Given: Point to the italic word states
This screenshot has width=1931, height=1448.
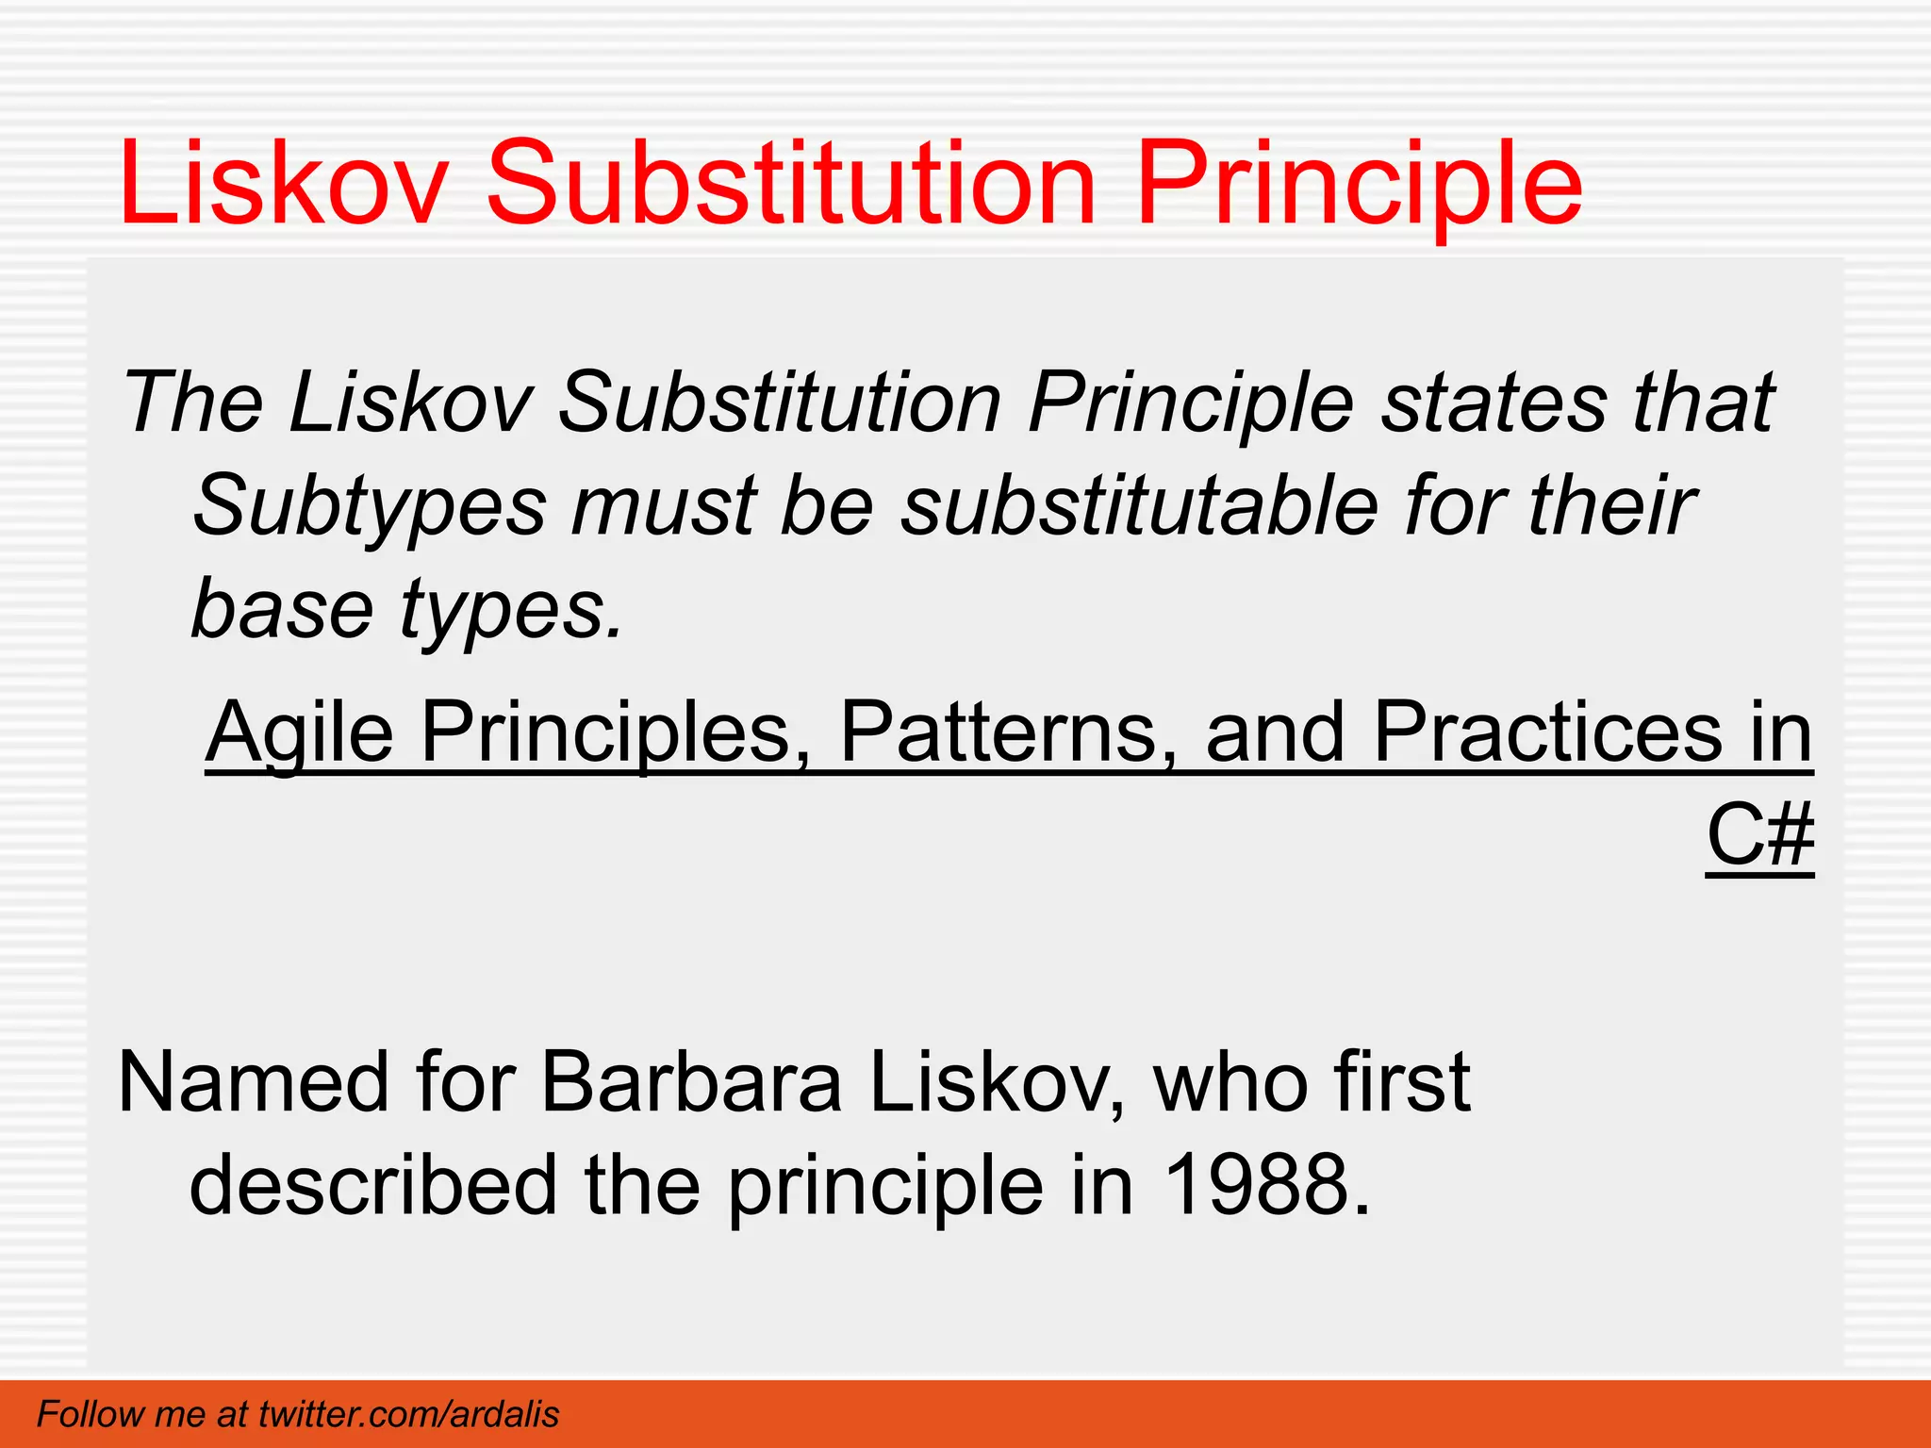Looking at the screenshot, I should click(1494, 403).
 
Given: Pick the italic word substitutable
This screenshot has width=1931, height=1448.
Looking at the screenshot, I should click(1139, 506).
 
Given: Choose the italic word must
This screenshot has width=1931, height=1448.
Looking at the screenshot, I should click(663, 506).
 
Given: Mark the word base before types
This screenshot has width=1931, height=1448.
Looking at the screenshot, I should click(282, 609).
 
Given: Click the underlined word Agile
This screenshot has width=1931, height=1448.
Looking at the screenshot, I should click(299, 733).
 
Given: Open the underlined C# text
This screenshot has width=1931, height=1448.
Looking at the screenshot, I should click(1759, 835).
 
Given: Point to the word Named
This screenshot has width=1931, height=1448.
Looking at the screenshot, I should click(252, 1081).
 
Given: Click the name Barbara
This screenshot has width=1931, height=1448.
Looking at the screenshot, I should click(691, 1081).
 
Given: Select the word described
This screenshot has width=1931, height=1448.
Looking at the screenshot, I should click(374, 1185).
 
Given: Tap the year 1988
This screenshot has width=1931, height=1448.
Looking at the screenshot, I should click(1264, 1185).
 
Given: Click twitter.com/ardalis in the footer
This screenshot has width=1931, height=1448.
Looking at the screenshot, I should click(408, 1414).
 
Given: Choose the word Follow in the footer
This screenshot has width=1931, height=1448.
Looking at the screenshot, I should click(91, 1414).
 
